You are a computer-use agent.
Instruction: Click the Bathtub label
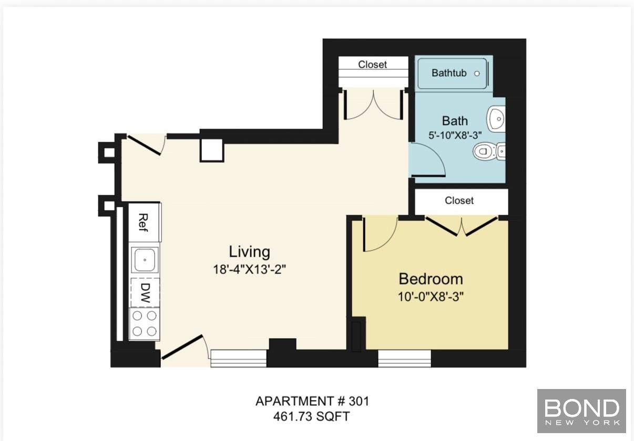pyautogui.click(x=448, y=73)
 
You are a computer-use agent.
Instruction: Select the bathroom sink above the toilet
pyautogui.click(x=496, y=119)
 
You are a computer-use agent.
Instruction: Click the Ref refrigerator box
pyautogui.click(x=142, y=222)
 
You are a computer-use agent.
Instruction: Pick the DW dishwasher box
pyautogui.click(x=145, y=292)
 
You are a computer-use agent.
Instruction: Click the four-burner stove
pyautogui.click(x=145, y=323)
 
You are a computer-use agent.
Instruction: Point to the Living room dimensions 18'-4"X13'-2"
pyautogui.click(x=249, y=270)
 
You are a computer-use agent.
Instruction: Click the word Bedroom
pyautogui.click(x=431, y=279)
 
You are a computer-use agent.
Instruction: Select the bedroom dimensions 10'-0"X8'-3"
pyautogui.click(x=431, y=296)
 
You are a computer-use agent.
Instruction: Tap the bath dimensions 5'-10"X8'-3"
pyautogui.click(x=455, y=134)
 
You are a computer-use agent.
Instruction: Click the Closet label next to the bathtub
pyautogui.click(x=372, y=65)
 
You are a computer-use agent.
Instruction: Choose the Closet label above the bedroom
pyautogui.click(x=459, y=201)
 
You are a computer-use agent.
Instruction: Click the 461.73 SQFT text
pyautogui.click(x=312, y=417)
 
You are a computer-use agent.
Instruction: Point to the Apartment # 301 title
pyautogui.click(x=312, y=402)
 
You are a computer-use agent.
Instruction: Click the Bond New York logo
pyautogui.click(x=581, y=411)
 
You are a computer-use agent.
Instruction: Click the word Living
pyautogui.click(x=249, y=251)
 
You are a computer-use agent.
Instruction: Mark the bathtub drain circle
pyautogui.click(x=477, y=73)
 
